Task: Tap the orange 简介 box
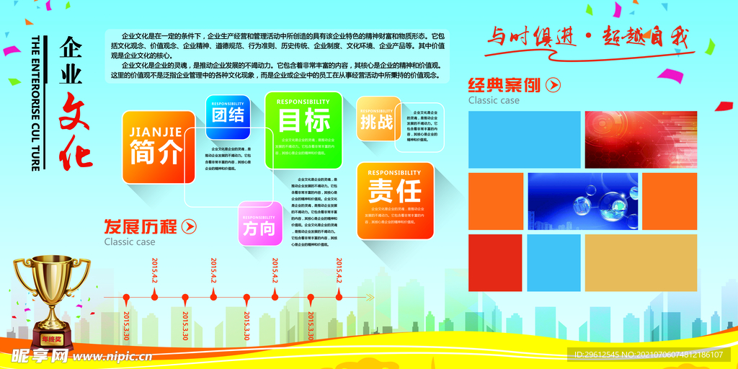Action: tap(158, 146)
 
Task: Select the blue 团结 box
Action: tap(228, 116)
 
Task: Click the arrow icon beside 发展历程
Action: tap(188, 227)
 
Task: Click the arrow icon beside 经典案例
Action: tap(553, 85)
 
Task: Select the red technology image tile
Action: tap(641, 139)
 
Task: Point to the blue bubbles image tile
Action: tap(583, 201)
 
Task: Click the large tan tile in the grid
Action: tap(641, 262)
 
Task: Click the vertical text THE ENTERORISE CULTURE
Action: tap(35, 102)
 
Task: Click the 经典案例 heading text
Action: tap(504, 85)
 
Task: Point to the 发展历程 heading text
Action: tap(141, 227)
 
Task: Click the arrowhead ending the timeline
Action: tap(370, 297)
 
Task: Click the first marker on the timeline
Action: tap(127, 297)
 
